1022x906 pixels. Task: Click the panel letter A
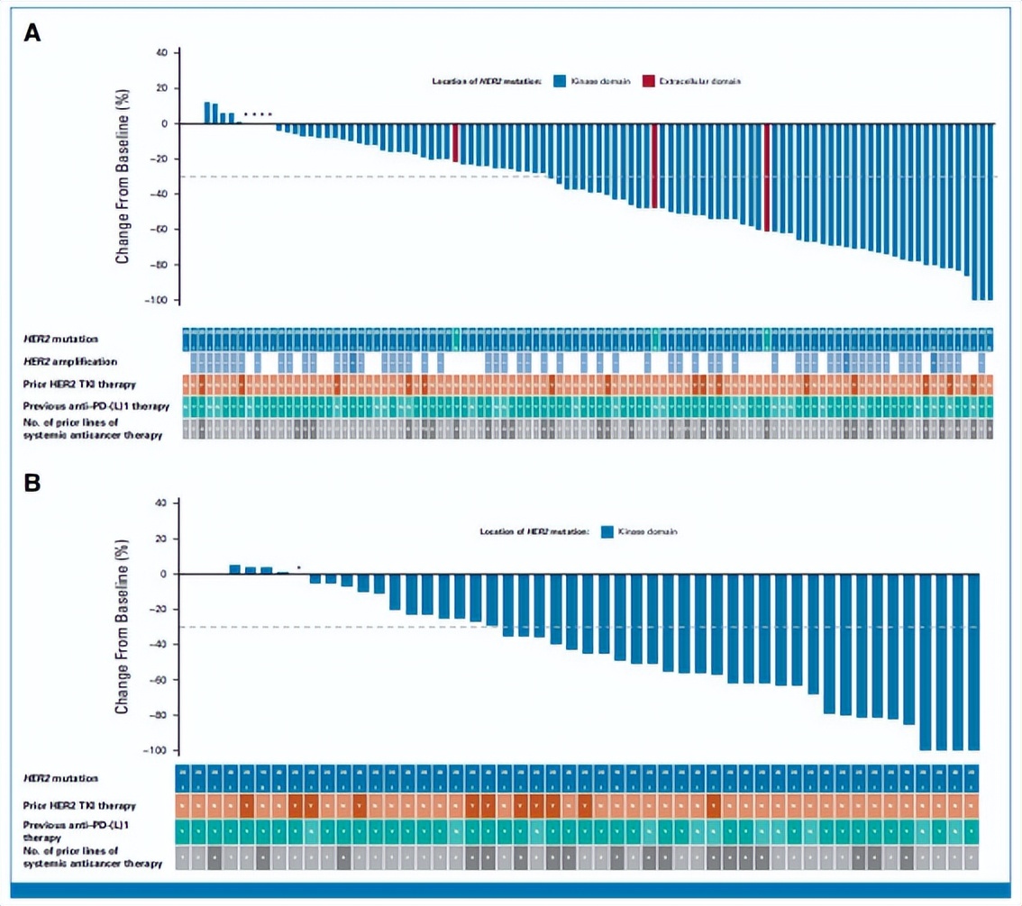tap(32, 33)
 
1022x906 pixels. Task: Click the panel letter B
tap(32, 483)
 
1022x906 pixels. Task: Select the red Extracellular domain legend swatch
tap(648, 81)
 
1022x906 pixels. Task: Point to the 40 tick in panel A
tap(162, 52)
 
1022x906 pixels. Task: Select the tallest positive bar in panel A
tap(207, 113)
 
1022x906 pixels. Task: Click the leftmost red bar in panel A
tap(455, 142)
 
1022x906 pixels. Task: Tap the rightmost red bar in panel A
tap(766, 177)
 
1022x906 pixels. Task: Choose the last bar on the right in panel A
tap(990, 211)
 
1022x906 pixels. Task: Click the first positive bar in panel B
tap(235, 569)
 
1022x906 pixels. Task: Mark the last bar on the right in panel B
tap(972, 662)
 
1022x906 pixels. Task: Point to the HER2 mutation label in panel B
tap(61, 777)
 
